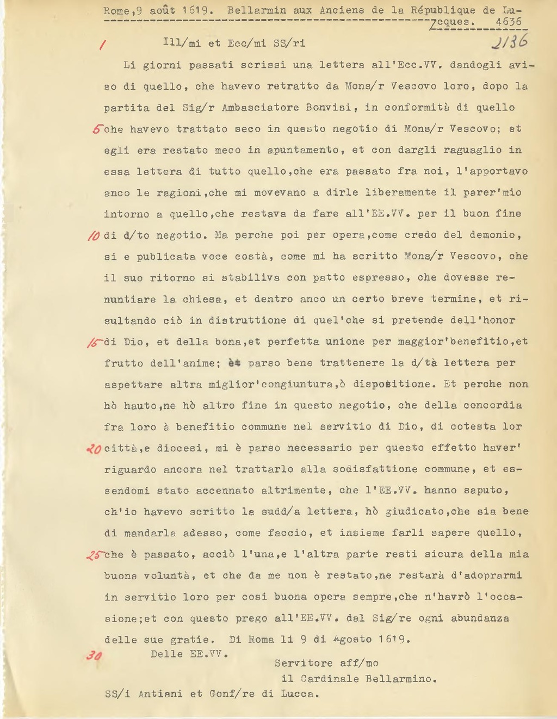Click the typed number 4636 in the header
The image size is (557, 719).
pyautogui.click(x=509, y=22)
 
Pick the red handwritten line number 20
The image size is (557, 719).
pyautogui.click(x=94, y=449)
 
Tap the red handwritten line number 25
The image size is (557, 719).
pyautogui.click(x=94, y=555)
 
